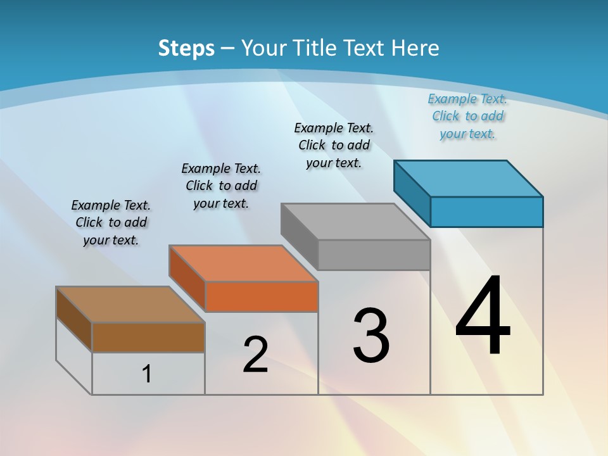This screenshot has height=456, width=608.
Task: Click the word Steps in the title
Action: point(186,48)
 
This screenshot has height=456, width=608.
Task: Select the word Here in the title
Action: point(416,48)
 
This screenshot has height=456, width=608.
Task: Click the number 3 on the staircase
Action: point(371,335)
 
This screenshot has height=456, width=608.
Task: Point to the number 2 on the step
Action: point(255,355)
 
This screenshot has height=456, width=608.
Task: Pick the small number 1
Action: point(147,374)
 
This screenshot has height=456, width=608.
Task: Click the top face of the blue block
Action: point(469,178)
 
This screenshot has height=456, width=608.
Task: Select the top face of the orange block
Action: point(243,263)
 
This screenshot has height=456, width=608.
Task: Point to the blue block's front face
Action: point(486,212)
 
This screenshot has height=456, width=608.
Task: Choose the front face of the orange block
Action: point(262,296)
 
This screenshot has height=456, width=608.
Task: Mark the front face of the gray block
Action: point(374,255)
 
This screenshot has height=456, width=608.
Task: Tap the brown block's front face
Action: point(148,337)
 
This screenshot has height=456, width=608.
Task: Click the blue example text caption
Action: point(467,116)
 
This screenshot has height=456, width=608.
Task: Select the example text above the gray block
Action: point(334,145)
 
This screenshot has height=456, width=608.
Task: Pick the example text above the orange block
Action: point(221,186)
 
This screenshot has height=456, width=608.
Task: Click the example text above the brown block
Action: point(111,222)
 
